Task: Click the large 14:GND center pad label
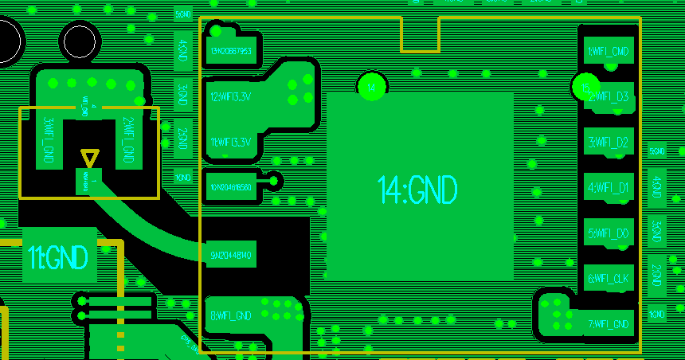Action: (418, 190)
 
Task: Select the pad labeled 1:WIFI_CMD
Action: (609, 52)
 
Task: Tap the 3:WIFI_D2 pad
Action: (609, 143)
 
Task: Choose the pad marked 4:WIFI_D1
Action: (609, 188)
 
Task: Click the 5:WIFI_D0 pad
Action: (609, 233)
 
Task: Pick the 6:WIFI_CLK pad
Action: (609, 279)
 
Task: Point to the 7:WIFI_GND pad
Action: (609, 324)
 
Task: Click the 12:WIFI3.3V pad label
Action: (231, 96)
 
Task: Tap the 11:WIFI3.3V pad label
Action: (231, 142)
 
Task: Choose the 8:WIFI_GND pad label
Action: (231, 315)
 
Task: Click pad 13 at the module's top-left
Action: (232, 51)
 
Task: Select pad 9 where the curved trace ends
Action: (231, 256)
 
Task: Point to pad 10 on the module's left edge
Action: (231, 187)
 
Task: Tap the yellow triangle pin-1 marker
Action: (90, 157)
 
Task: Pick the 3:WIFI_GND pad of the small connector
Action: (49, 141)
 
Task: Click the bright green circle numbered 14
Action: (371, 86)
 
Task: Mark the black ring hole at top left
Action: (80, 41)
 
